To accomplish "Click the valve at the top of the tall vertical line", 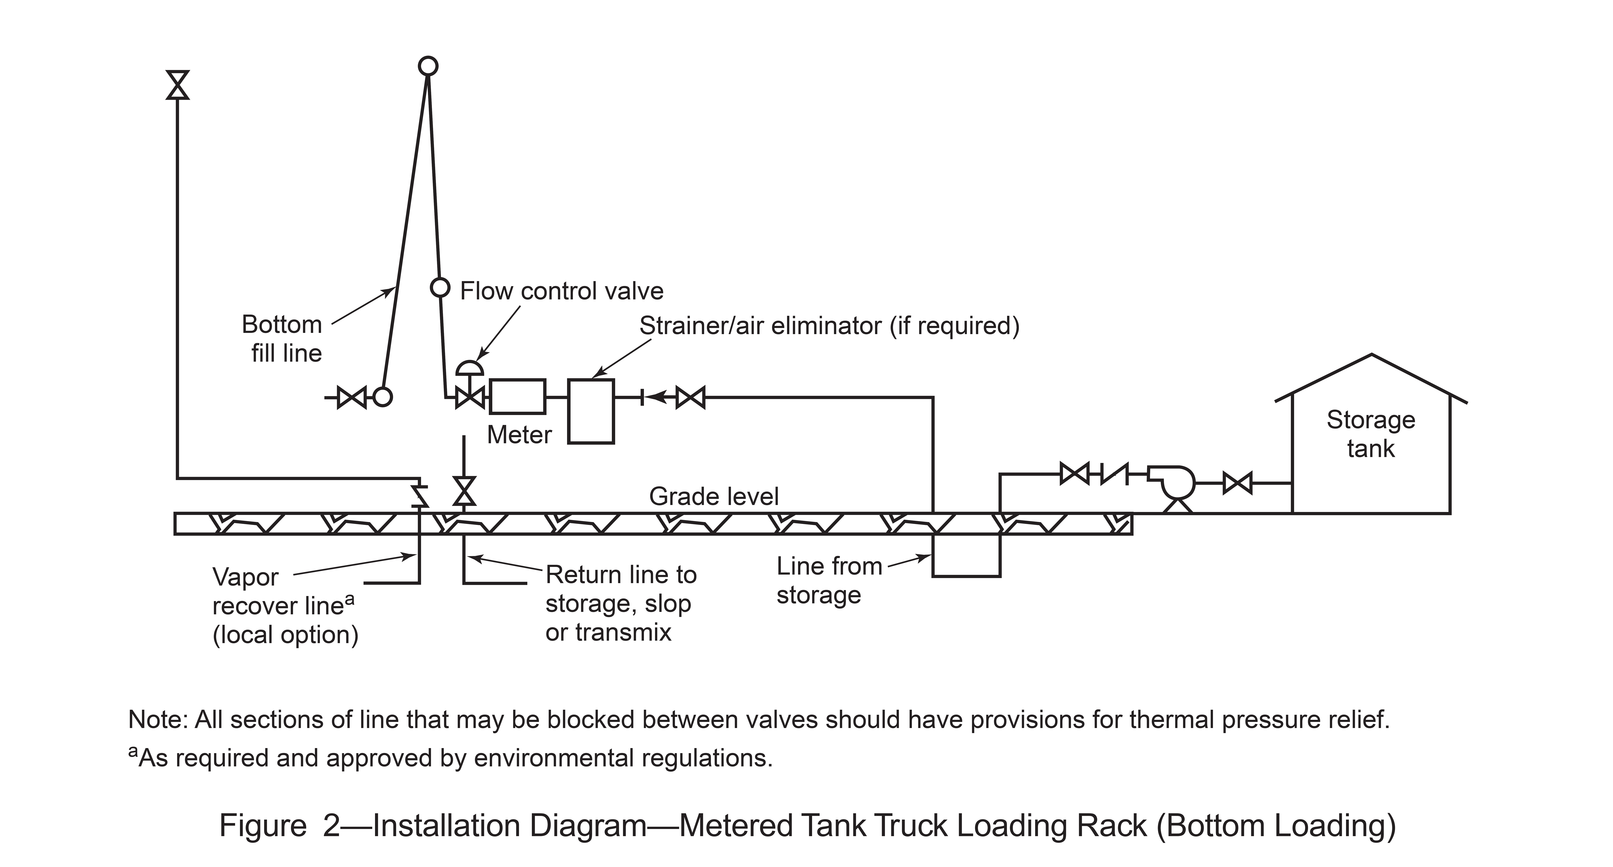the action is coord(178,85).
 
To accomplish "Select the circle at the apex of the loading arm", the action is coord(428,66).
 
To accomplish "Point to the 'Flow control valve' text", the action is coord(562,291).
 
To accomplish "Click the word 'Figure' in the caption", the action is coord(263,826).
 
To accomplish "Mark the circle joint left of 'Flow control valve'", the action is coord(440,288).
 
